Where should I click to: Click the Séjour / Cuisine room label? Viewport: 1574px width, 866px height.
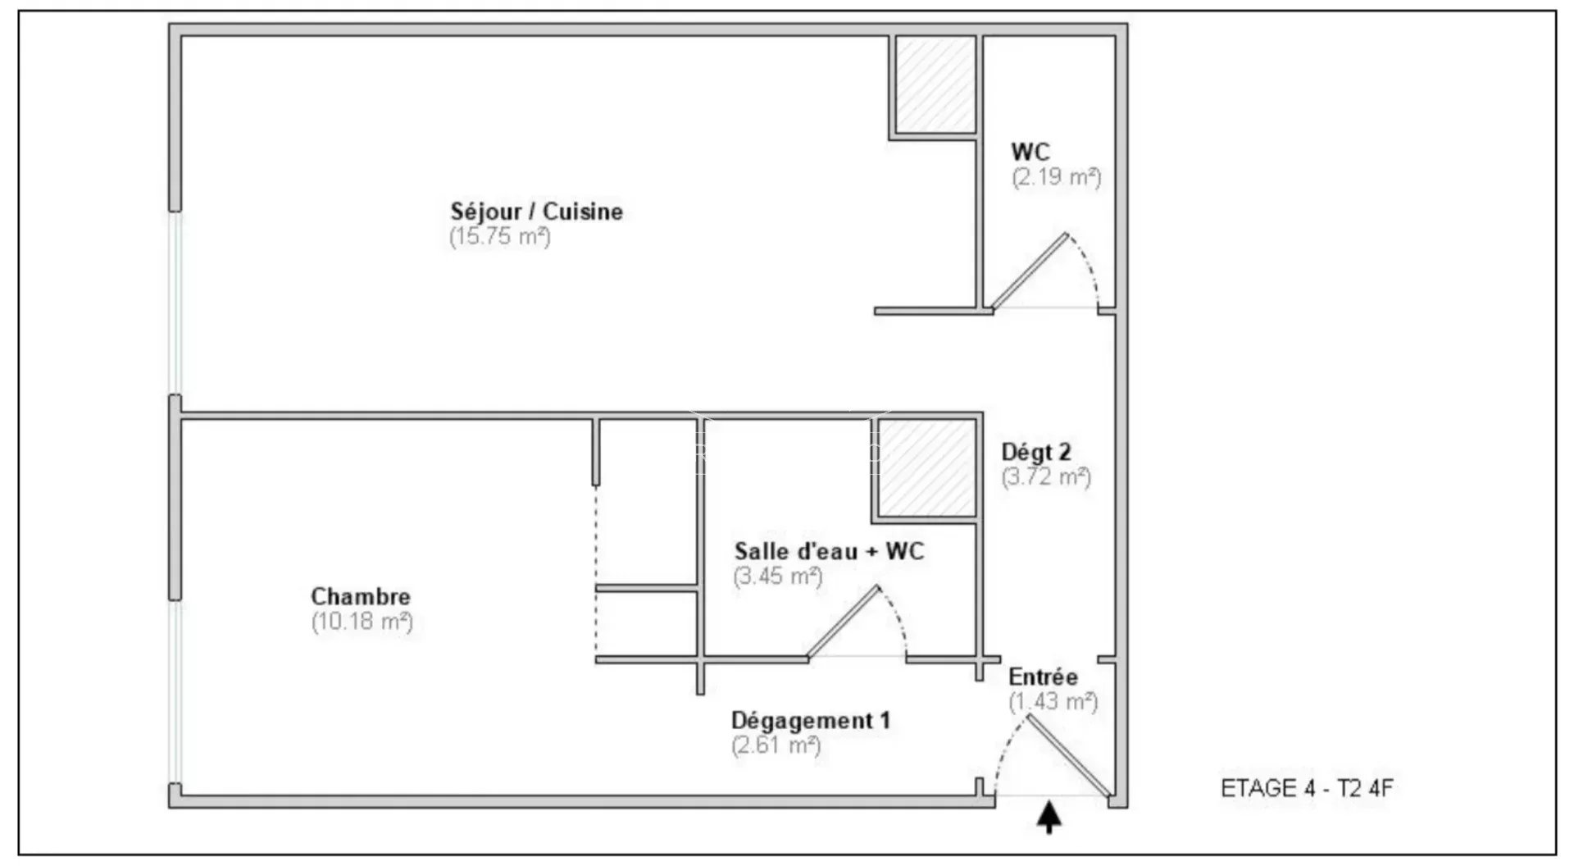click(536, 212)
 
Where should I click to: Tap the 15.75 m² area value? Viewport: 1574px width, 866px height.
click(499, 237)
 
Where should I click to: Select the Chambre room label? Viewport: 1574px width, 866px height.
click(361, 596)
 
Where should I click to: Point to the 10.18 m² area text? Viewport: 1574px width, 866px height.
click(362, 622)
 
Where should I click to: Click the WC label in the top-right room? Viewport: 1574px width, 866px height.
click(1030, 152)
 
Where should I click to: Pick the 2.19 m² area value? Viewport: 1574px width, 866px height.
click(1056, 177)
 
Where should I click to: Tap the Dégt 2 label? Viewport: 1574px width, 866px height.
click(1036, 452)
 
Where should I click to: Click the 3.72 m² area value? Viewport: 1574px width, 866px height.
click(1046, 476)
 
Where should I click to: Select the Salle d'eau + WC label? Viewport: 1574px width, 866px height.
click(829, 551)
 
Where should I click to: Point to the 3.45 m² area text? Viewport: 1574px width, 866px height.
click(777, 577)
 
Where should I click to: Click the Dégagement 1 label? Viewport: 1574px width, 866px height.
click(810, 721)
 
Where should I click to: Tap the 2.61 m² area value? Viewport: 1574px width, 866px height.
click(776, 745)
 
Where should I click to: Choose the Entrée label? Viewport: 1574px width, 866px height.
click(1043, 677)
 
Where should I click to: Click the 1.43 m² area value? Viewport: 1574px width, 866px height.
click(1053, 702)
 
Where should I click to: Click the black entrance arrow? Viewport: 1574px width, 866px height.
click(1049, 818)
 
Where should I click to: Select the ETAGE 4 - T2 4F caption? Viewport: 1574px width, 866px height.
click(1307, 788)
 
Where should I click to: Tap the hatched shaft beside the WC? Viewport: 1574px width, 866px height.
click(935, 84)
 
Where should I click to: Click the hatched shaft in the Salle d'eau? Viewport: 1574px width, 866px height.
click(927, 468)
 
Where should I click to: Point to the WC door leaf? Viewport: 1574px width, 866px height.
click(1030, 271)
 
